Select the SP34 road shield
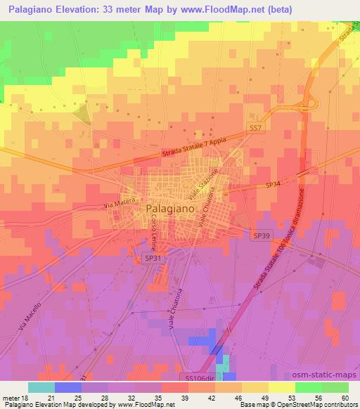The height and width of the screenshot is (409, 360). (274, 184)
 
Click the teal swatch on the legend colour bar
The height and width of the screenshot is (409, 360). (42, 387)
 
